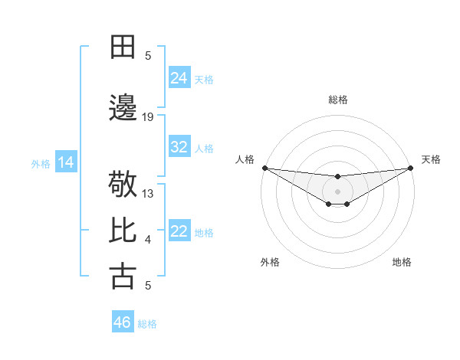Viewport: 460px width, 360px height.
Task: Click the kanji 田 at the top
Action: [123, 47]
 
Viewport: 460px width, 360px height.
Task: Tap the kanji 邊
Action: [123, 108]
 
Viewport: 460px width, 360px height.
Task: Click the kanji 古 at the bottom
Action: [123, 277]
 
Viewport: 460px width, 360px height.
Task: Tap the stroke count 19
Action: [148, 117]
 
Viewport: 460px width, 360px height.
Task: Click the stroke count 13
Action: [148, 194]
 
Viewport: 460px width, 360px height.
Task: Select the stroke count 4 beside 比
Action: [148, 240]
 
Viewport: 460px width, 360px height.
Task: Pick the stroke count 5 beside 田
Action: [148, 55]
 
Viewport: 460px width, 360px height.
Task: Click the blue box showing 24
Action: [179, 77]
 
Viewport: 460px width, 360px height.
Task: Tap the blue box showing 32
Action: [179, 147]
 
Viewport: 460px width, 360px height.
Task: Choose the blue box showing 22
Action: [179, 231]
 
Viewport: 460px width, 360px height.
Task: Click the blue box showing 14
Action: [65, 162]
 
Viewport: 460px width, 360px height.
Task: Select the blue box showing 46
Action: [122, 322]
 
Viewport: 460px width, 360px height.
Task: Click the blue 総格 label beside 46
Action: [147, 324]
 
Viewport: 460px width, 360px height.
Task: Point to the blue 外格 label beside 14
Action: [40, 163]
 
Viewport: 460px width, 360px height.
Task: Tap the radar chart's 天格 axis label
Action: [431, 159]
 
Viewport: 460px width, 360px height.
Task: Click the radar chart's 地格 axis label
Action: [402, 262]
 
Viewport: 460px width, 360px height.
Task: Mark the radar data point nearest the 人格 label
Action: [264, 168]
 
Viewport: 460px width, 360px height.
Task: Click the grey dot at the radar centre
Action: [337, 190]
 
